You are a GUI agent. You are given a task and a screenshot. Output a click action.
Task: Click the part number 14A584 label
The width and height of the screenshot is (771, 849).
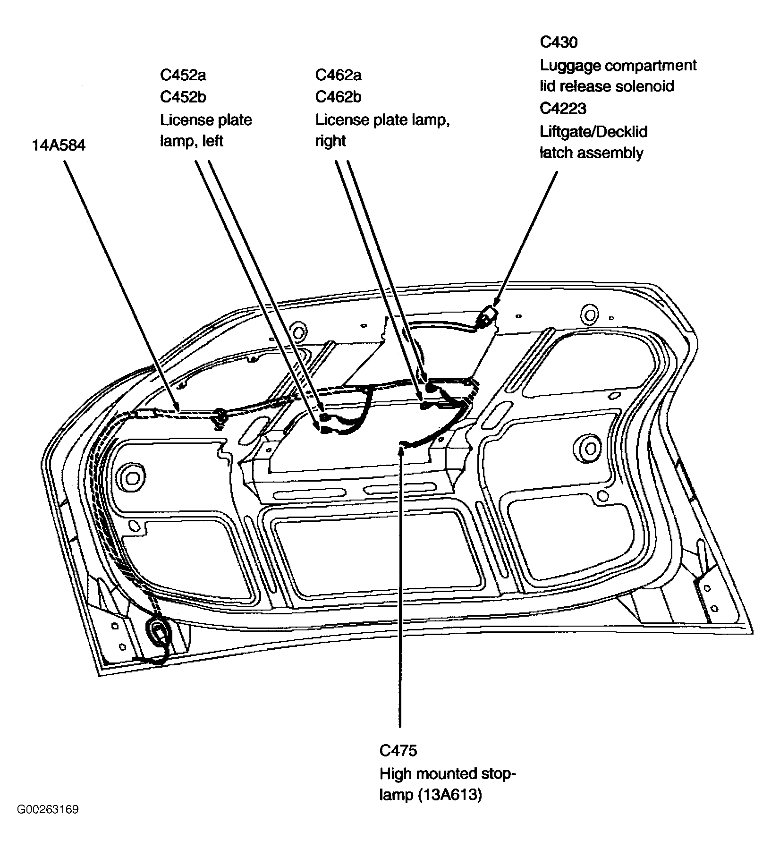point(59,145)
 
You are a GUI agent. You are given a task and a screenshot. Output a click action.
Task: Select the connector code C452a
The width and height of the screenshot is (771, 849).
point(183,75)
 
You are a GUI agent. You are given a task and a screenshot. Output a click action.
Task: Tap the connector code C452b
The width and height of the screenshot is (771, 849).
point(183,97)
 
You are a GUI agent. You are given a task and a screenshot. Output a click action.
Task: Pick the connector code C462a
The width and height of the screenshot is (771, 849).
point(338,75)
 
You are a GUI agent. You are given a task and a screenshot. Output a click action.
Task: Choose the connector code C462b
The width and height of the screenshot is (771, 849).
point(338,97)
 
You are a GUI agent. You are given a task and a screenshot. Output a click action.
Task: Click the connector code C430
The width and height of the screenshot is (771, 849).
point(559,42)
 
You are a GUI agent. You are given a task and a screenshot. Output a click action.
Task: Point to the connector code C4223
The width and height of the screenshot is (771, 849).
point(563,109)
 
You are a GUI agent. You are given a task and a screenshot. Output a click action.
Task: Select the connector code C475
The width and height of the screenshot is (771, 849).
point(398,750)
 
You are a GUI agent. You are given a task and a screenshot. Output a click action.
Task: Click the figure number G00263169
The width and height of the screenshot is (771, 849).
point(48,809)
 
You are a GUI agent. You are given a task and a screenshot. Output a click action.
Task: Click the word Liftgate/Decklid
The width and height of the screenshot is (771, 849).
point(593,131)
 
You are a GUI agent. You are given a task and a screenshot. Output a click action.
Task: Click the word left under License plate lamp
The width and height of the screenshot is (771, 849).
point(212,141)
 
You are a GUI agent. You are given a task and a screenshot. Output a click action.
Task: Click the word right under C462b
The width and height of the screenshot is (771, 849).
point(330,141)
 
